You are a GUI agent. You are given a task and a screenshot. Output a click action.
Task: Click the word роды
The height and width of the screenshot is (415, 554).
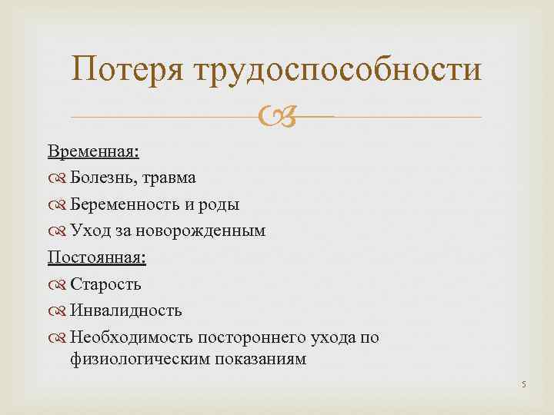pyautogui.click(x=220, y=205)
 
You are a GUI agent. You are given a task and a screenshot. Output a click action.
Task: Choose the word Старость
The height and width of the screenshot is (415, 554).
pyautogui.click(x=105, y=284)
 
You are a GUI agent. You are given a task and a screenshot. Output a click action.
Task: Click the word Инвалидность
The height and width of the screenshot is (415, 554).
pyautogui.click(x=125, y=310)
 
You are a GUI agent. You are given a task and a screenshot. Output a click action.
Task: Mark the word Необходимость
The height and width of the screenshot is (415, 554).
pyautogui.click(x=131, y=337)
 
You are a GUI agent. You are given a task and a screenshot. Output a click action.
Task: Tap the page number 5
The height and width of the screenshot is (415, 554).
pyautogui.click(x=522, y=385)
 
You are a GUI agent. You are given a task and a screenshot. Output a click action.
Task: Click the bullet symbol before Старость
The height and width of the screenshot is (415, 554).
pyautogui.click(x=59, y=284)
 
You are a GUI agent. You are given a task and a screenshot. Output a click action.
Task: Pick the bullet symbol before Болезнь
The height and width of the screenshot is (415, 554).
pyautogui.click(x=59, y=178)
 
